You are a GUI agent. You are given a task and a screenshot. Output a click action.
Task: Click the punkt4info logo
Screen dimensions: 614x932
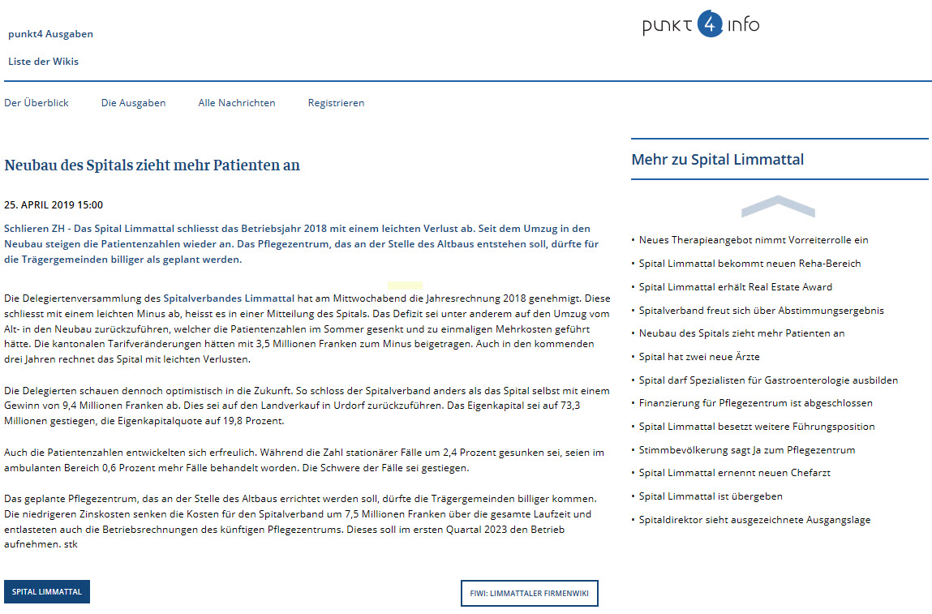point(701,25)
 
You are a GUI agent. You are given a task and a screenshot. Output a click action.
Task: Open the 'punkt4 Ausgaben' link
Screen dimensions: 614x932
point(50,34)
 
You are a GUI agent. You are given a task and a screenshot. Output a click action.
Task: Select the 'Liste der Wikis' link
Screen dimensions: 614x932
point(43,62)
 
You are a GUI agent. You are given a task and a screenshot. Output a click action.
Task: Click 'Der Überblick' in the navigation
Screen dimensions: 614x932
point(37,103)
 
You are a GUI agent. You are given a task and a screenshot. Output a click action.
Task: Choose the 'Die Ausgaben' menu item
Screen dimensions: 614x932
point(133,103)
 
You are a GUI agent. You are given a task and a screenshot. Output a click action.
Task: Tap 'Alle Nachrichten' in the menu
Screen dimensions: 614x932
point(237,103)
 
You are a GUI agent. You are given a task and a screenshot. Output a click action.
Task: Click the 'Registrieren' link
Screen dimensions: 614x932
point(336,103)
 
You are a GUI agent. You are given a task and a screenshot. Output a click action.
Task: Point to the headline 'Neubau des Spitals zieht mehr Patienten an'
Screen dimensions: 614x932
point(152,165)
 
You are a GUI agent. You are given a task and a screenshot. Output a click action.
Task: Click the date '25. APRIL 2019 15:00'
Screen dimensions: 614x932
point(54,205)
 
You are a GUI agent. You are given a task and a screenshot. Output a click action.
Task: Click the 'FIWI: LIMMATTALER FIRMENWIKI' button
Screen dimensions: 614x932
point(529,593)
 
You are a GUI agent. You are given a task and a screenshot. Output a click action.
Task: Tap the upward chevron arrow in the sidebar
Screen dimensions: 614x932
point(778,206)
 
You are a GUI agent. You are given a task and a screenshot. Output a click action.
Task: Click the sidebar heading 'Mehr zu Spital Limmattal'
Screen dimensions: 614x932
point(718,160)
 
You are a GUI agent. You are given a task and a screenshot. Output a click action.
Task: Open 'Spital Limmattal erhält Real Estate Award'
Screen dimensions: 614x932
point(736,287)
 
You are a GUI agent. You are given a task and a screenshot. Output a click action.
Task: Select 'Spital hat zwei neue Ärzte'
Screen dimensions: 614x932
point(699,357)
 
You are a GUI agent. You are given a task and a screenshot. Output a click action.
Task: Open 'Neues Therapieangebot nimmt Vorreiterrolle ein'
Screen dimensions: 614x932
point(754,240)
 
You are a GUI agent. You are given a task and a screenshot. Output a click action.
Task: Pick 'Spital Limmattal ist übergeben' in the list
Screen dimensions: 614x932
point(711,496)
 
